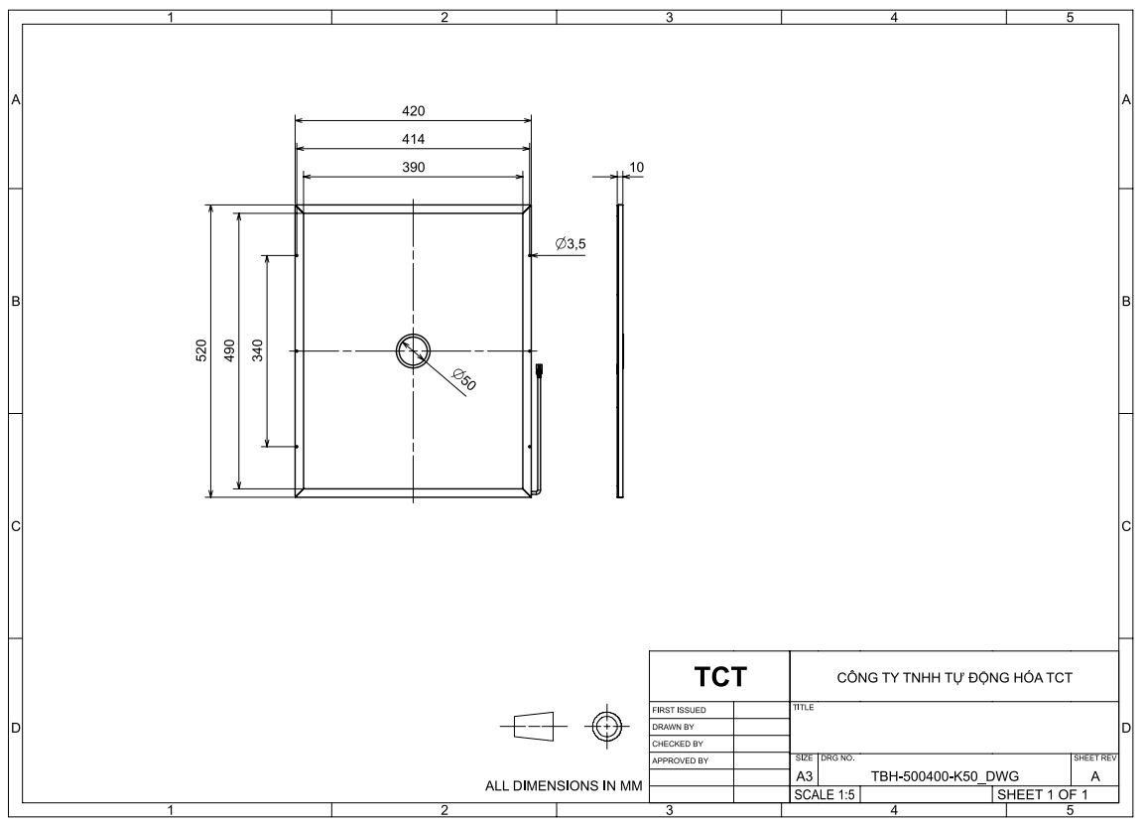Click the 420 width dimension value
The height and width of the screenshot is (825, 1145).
[x=414, y=111]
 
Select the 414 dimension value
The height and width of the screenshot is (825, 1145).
[x=414, y=139]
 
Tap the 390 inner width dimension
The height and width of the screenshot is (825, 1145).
[x=414, y=168]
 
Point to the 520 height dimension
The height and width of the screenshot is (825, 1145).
[x=201, y=350]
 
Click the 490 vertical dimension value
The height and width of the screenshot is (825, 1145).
[x=229, y=350]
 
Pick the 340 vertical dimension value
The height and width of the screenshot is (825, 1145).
[x=257, y=350]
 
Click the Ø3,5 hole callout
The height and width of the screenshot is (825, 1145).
[x=571, y=243]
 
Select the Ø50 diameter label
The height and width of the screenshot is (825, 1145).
[x=464, y=379]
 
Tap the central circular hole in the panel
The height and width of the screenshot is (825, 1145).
[x=414, y=335]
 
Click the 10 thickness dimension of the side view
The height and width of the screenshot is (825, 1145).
[x=637, y=168]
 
